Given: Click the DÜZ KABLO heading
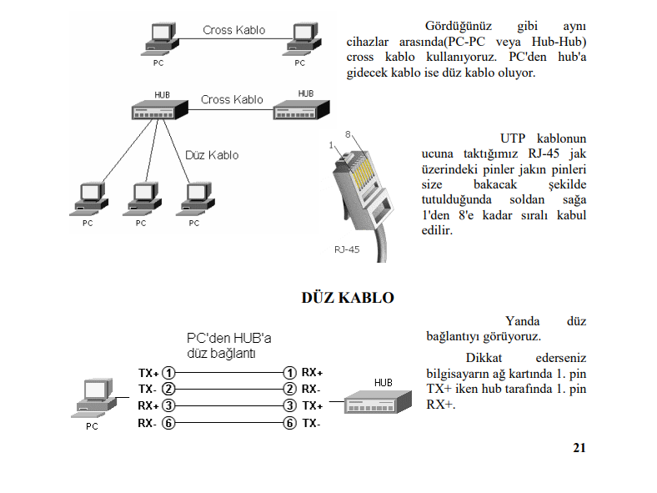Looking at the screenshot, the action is click(348, 298).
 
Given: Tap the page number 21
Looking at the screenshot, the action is click(579, 448).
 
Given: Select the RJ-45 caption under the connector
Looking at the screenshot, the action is click(347, 249).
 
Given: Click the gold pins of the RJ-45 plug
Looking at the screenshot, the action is click(361, 172).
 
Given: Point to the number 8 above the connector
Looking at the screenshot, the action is click(348, 134).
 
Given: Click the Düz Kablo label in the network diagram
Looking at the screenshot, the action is click(212, 155).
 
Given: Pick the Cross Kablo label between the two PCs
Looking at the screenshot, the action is click(233, 30).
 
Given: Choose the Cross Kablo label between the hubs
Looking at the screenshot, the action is click(232, 100).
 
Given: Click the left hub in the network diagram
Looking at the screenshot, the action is click(159, 110).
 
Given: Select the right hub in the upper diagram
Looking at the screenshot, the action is click(301, 109).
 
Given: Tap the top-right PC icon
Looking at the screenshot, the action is click(302, 39).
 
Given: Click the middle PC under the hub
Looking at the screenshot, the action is click(142, 199).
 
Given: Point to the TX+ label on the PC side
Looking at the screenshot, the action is click(148, 373).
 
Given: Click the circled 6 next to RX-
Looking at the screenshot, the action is click(168, 423).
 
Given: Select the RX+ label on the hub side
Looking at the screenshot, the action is click(312, 372).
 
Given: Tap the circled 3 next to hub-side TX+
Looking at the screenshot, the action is click(289, 405).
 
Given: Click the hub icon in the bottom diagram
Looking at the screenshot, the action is click(378, 402).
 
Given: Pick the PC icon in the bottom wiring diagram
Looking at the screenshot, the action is click(95, 398).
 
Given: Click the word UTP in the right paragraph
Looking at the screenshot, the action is click(513, 138).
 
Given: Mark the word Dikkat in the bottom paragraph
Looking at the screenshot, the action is click(484, 358).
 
